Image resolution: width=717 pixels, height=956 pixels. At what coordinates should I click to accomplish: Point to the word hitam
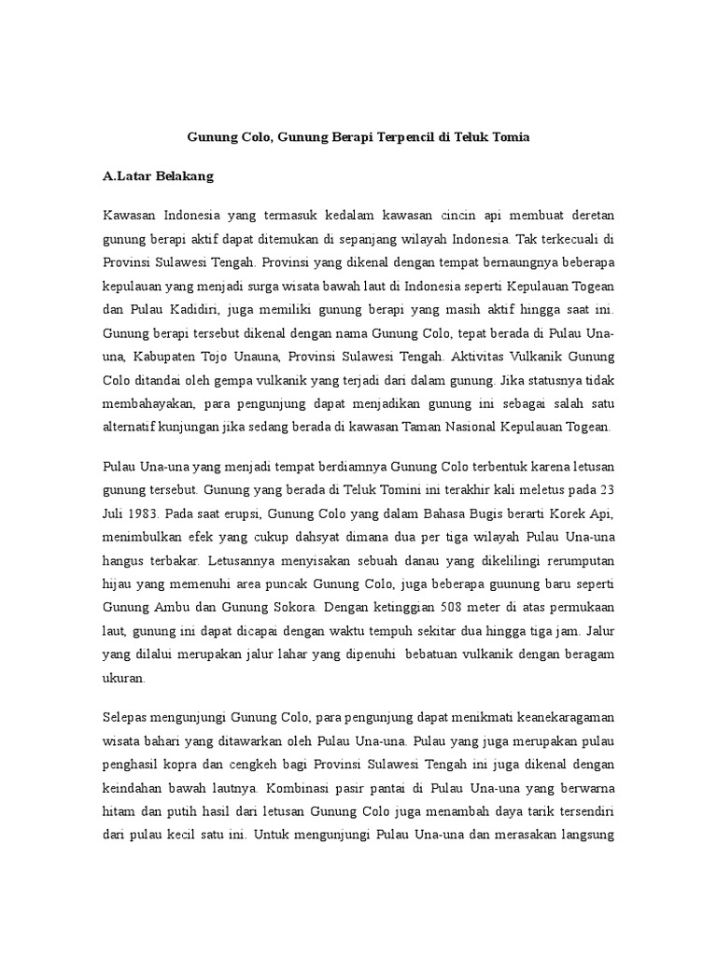pyautogui.click(x=119, y=813)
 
